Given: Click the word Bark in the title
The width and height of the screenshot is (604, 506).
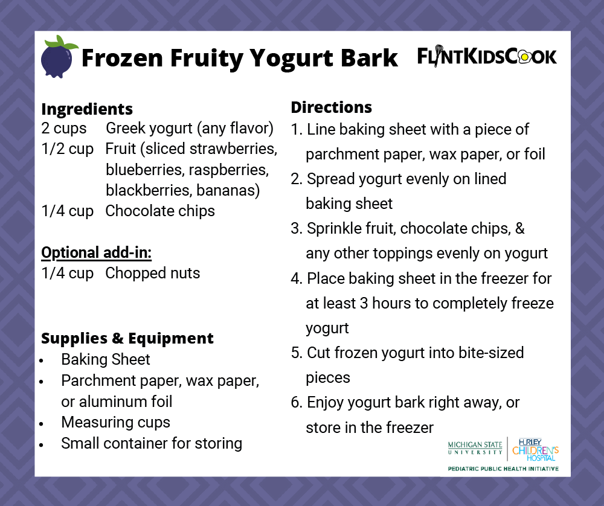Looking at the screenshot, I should pyautogui.click(x=369, y=59).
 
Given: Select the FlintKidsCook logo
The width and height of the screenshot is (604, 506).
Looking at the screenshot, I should pyautogui.click(x=487, y=57).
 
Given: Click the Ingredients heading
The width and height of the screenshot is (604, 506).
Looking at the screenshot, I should pyautogui.click(x=87, y=109).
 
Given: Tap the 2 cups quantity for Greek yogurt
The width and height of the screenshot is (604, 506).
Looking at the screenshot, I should pyautogui.click(x=64, y=129).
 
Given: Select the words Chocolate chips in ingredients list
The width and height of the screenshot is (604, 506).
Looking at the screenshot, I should pyautogui.click(x=160, y=211).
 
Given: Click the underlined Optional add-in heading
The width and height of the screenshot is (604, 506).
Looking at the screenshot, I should pyautogui.click(x=95, y=252).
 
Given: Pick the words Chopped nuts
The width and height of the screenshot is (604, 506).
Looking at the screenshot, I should pyautogui.click(x=152, y=273).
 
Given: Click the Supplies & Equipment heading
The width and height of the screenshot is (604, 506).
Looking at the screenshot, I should pyautogui.click(x=127, y=338).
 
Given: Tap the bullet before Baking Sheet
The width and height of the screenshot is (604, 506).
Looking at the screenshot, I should pyautogui.click(x=42, y=360).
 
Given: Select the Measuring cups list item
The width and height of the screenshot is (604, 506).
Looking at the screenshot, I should pyautogui.click(x=115, y=422).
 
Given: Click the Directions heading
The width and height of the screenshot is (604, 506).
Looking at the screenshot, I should pyautogui.click(x=331, y=107).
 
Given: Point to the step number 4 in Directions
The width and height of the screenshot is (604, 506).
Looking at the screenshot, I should pyautogui.click(x=295, y=278).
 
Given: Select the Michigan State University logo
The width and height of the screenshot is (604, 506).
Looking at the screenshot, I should pyautogui.click(x=475, y=448).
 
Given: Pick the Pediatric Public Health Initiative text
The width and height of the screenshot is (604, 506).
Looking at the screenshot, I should pyautogui.click(x=503, y=469).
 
